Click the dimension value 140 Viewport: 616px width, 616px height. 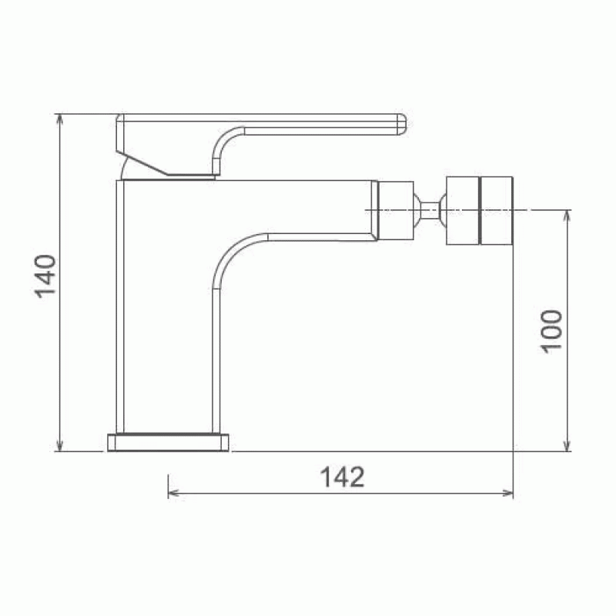point(46,276)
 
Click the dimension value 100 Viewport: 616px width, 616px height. point(552,332)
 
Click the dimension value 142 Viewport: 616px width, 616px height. point(342,477)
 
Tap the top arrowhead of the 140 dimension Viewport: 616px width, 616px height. point(59,119)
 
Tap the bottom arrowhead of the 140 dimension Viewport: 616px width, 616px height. point(59,447)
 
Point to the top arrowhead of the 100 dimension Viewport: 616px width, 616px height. point(567,215)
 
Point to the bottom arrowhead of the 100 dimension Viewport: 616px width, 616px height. point(567,447)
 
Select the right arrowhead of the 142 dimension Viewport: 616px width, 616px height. point(508,493)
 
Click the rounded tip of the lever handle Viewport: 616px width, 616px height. point(403,125)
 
